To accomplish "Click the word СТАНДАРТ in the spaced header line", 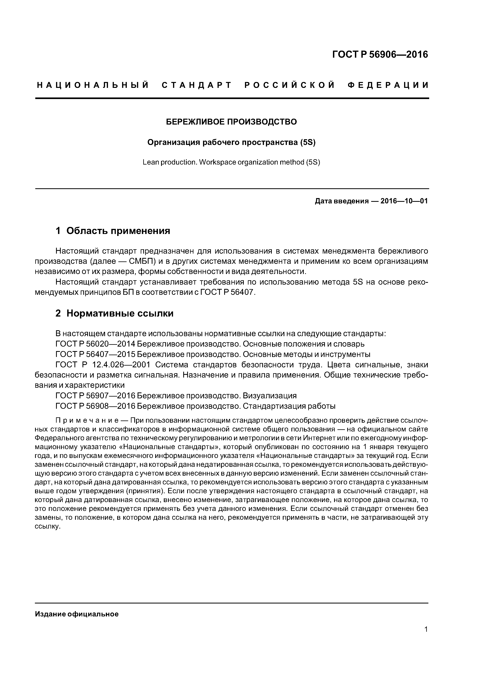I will (x=197, y=85).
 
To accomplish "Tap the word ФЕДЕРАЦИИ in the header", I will (x=388, y=85).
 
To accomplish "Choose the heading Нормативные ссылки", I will (x=120, y=313).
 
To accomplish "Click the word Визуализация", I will (x=269, y=396).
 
